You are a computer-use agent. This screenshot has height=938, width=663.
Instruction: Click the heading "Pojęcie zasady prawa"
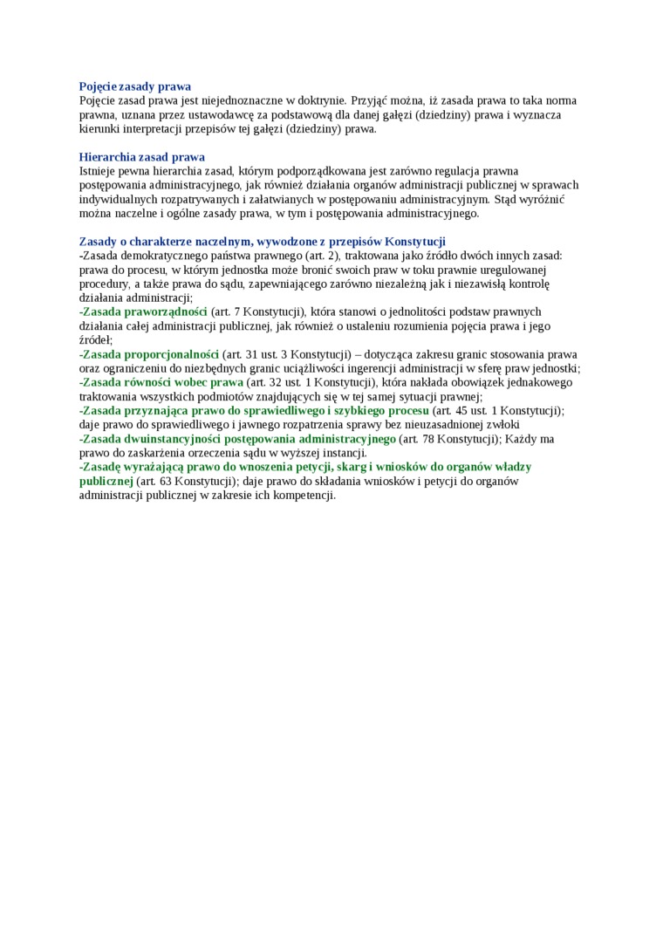135,86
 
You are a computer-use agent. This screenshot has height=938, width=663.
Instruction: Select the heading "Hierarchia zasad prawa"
141,157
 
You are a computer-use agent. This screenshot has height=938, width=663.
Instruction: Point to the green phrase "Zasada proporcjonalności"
150,354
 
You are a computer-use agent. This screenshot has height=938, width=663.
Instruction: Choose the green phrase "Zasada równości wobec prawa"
162,382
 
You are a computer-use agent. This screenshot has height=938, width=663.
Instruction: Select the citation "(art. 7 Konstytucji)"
258,312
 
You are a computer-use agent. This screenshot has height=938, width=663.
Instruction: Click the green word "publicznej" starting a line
106,481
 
